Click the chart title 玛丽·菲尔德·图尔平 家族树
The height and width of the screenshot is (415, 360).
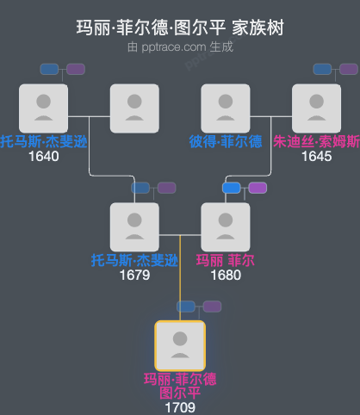point(180,28)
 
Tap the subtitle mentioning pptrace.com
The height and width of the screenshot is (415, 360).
point(180,46)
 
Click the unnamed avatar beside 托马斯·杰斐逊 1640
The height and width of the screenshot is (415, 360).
point(134,108)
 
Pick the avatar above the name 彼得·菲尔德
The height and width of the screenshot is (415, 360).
point(226,108)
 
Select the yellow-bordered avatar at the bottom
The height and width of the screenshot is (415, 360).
point(179,345)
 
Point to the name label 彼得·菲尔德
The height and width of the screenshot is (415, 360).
point(226,142)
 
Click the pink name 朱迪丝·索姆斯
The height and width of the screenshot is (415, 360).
point(316,142)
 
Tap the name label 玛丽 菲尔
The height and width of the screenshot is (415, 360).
point(226,260)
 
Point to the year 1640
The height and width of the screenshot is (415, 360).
point(43,157)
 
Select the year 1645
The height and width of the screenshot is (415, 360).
point(316,157)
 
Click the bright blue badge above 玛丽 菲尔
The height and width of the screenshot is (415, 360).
point(232,188)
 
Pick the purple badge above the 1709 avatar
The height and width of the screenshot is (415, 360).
point(212,307)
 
